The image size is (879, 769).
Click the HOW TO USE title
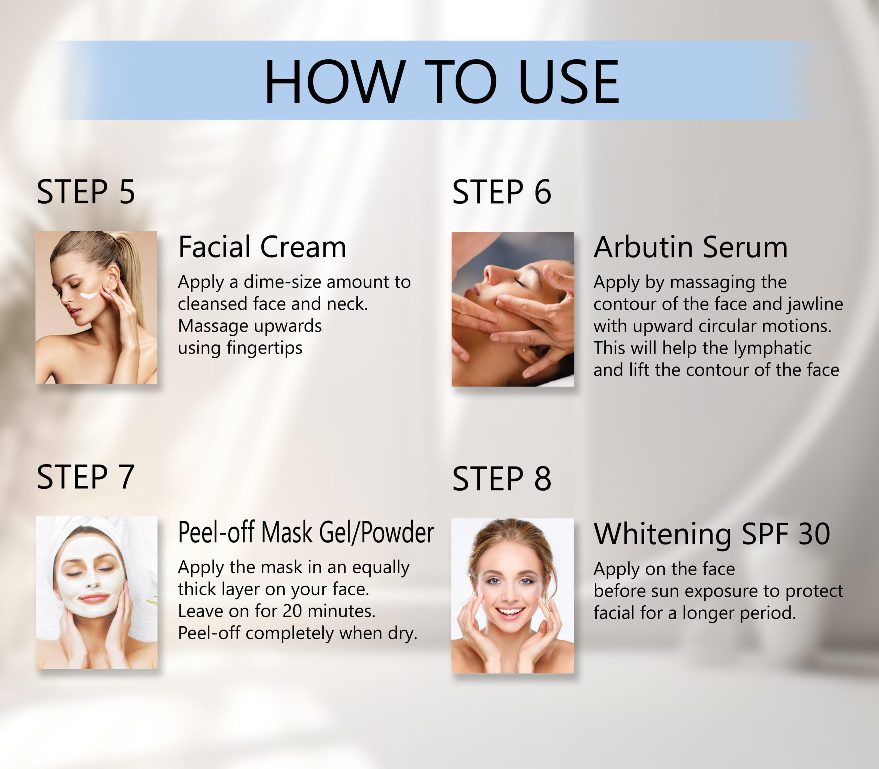[x=442, y=82]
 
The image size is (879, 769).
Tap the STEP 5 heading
[x=86, y=192]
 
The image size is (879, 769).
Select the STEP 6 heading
[x=501, y=192]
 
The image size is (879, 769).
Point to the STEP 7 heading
[x=85, y=477]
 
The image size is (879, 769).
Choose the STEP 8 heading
[x=501, y=479]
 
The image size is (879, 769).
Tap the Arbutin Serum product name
[x=690, y=247]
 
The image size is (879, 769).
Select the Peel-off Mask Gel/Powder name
[x=306, y=532]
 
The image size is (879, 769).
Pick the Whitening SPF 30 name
[x=711, y=534]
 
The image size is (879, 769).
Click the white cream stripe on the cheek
[x=90, y=295]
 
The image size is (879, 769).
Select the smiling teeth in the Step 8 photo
[x=510, y=611]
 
